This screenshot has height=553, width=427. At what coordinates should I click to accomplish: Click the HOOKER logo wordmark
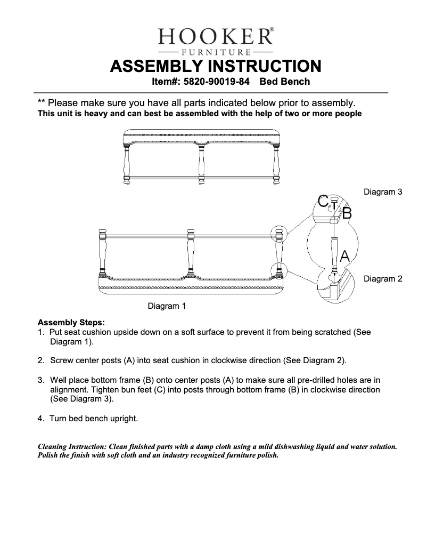215,37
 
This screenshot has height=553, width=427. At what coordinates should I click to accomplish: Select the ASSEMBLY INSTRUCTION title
215,67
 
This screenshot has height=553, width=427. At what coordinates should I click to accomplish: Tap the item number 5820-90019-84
217,82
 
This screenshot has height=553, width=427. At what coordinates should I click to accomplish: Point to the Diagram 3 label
382,191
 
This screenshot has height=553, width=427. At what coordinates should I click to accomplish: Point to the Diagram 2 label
382,278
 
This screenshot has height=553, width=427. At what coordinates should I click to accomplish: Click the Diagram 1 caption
166,306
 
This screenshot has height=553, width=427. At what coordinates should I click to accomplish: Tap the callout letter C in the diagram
323,201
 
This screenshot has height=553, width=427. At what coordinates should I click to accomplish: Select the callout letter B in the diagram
347,214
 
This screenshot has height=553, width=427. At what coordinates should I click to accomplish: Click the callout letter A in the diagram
344,257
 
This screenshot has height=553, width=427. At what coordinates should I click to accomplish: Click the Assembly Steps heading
71,323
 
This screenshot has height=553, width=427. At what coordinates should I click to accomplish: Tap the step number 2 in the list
40,360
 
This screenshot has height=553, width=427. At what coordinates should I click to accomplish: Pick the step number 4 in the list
40,419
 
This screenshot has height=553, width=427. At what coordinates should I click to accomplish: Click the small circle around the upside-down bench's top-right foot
278,234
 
